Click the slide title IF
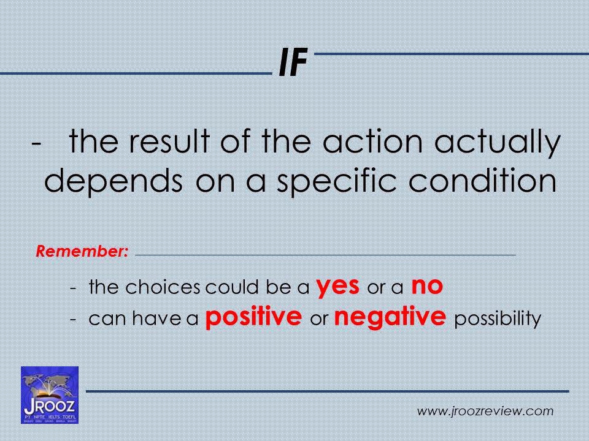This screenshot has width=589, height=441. [293, 65]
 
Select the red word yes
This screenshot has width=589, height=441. [338, 285]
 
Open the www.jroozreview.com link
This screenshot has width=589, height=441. [485, 411]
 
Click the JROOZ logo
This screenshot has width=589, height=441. [50, 394]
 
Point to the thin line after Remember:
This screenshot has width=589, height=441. [325, 253]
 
